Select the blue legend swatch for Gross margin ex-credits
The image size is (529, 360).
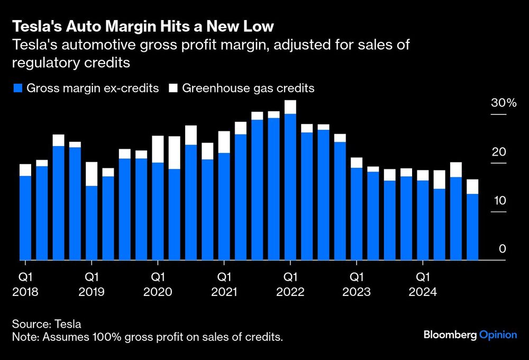pyautogui.click(x=17, y=88)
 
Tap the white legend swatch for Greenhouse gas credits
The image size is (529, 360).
pyautogui.click(x=173, y=88)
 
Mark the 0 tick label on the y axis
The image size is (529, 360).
pyautogui.click(x=503, y=249)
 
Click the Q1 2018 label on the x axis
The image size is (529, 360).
pyautogui.click(x=25, y=284)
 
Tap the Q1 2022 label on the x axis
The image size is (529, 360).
pyautogui.click(x=290, y=284)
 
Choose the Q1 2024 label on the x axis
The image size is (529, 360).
pyautogui.click(x=422, y=284)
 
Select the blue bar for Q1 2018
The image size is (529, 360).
pyautogui.click(x=25, y=218)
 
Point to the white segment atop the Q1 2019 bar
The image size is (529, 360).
pyautogui.click(x=92, y=174)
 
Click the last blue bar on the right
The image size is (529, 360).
pyautogui.click(x=472, y=227)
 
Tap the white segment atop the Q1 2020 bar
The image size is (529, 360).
pyautogui.click(x=158, y=149)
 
